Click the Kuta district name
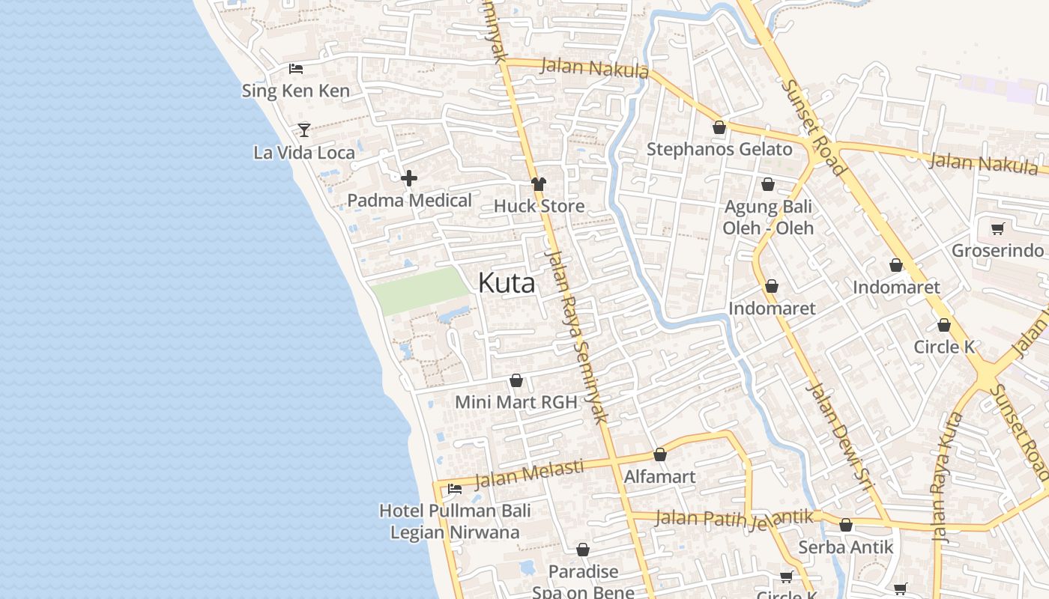[x=507, y=284]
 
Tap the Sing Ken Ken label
[x=295, y=91]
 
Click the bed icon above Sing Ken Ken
[x=296, y=69]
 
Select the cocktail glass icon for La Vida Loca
[x=303, y=130]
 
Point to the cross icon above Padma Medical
[x=409, y=178]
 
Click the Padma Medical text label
[x=409, y=201]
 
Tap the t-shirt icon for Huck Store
[x=539, y=183]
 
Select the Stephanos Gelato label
[x=719, y=149]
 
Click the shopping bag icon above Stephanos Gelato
[x=719, y=127]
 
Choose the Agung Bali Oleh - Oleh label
[x=768, y=216]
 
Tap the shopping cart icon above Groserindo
[x=997, y=228]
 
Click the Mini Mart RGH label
[x=516, y=402]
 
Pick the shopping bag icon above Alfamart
[x=660, y=454]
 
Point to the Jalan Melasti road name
[x=529, y=473]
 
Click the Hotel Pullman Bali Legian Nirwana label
[x=455, y=522]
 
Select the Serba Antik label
[x=846, y=547]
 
